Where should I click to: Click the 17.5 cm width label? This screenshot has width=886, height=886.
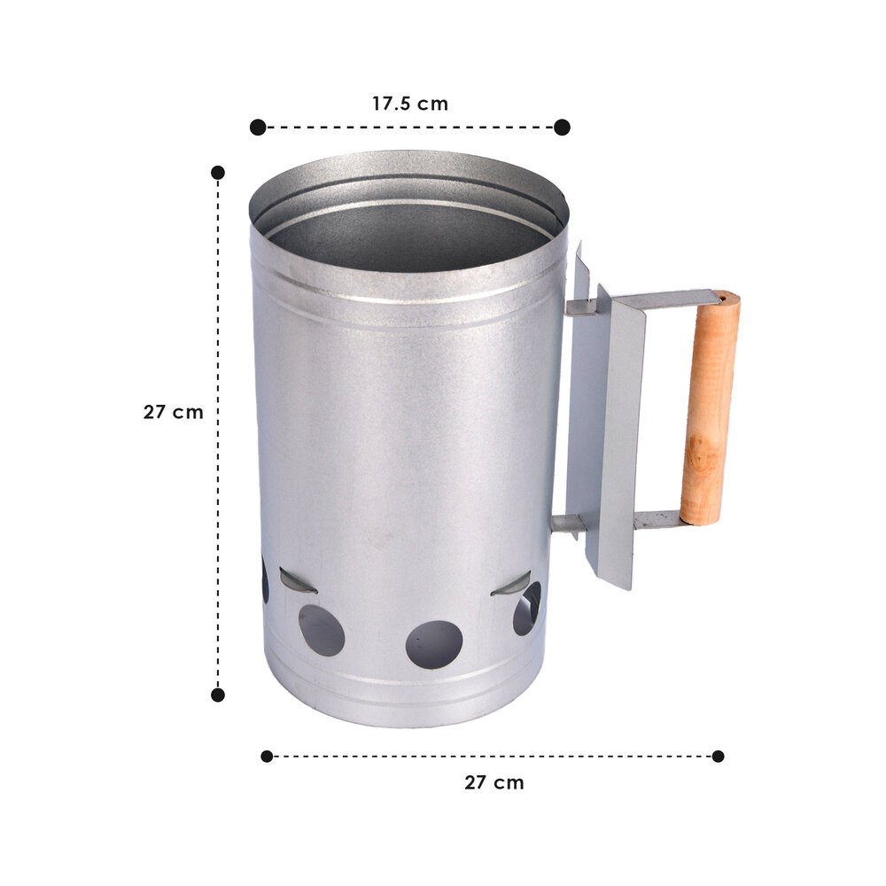pyautogui.click(x=409, y=104)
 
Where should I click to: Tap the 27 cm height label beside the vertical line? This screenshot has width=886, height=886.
pyautogui.click(x=173, y=412)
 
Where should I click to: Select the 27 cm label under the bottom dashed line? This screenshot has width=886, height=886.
pyautogui.click(x=494, y=782)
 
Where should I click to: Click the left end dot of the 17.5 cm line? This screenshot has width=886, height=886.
pyautogui.click(x=258, y=128)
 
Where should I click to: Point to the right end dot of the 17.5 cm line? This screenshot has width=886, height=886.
pyautogui.click(x=562, y=128)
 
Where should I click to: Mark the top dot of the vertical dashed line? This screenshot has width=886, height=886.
pyautogui.click(x=218, y=172)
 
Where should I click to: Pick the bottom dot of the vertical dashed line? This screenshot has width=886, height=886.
pyautogui.click(x=218, y=695)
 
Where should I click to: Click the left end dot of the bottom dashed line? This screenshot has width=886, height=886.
pyautogui.click(x=267, y=756)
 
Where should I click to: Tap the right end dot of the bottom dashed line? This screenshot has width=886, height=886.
pyautogui.click(x=718, y=756)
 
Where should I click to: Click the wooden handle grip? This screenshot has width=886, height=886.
pyautogui.click(x=711, y=408)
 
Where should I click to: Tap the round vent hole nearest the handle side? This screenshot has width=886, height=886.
pyautogui.click(x=526, y=609)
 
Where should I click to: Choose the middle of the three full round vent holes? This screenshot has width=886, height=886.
pyautogui.click(x=434, y=644)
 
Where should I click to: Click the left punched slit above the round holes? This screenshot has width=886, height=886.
pyautogui.click(x=298, y=580)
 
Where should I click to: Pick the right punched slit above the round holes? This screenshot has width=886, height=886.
pyautogui.click(x=512, y=585)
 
